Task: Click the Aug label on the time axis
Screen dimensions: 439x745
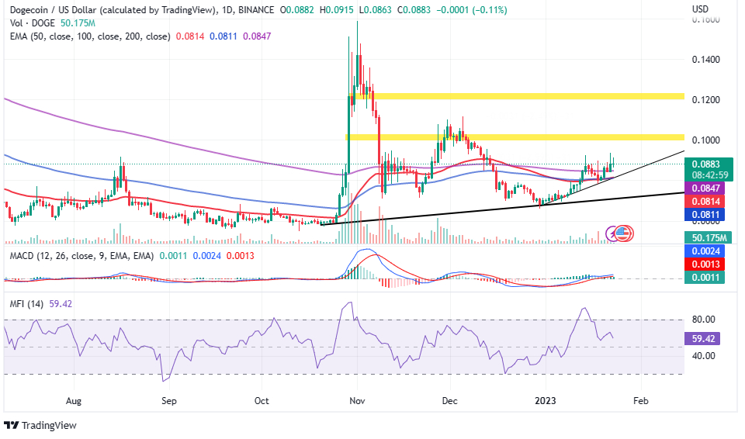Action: point(74,401)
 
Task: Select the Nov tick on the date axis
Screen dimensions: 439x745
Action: point(357,401)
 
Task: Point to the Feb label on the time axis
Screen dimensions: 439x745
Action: point(640,401)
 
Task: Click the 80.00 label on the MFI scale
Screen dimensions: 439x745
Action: point(703,319)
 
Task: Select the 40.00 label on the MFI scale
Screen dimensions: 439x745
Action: point(703,356)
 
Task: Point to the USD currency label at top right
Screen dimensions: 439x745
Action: point(700,9)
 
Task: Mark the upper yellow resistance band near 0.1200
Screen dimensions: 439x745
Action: point(516,96)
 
